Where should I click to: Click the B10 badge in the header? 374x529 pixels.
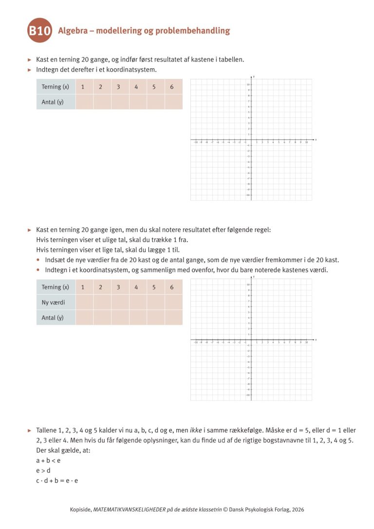pyautogui.click(x=40, y=32)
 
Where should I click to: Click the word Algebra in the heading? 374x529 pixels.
pyautogui.click(x=74, y=31)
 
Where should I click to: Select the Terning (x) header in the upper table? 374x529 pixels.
pyautogui.click(x=56, y=87)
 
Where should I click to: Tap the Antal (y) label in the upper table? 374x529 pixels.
pyautogui.click(x=53, y=102)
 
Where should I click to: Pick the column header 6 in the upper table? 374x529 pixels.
pyautogui.click(x=172, y=87)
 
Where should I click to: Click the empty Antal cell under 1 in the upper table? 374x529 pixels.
pyautogui.click(x=84, y=102)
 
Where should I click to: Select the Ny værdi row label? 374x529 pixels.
pyautogui.click(x=53, y=302)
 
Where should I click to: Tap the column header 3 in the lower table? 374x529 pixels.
pyautogui.click(x=118, y=287)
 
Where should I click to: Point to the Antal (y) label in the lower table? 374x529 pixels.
pyautogui.click(x=53, y=318)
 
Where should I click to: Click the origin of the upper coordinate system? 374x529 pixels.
pyautogui.click(x=251, y=140)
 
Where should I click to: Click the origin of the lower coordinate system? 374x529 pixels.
pyautogui.click(x=251, y=340)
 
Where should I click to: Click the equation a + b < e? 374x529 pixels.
pyautogui.click(x=48, y=460)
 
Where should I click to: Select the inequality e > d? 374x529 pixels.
pyautogui.click(x=43, y=470)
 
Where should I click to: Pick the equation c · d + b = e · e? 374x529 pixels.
pyautogui.click(x=57, y=480)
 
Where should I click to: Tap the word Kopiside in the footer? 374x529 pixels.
pyautogui.click(x=81, y=510)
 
